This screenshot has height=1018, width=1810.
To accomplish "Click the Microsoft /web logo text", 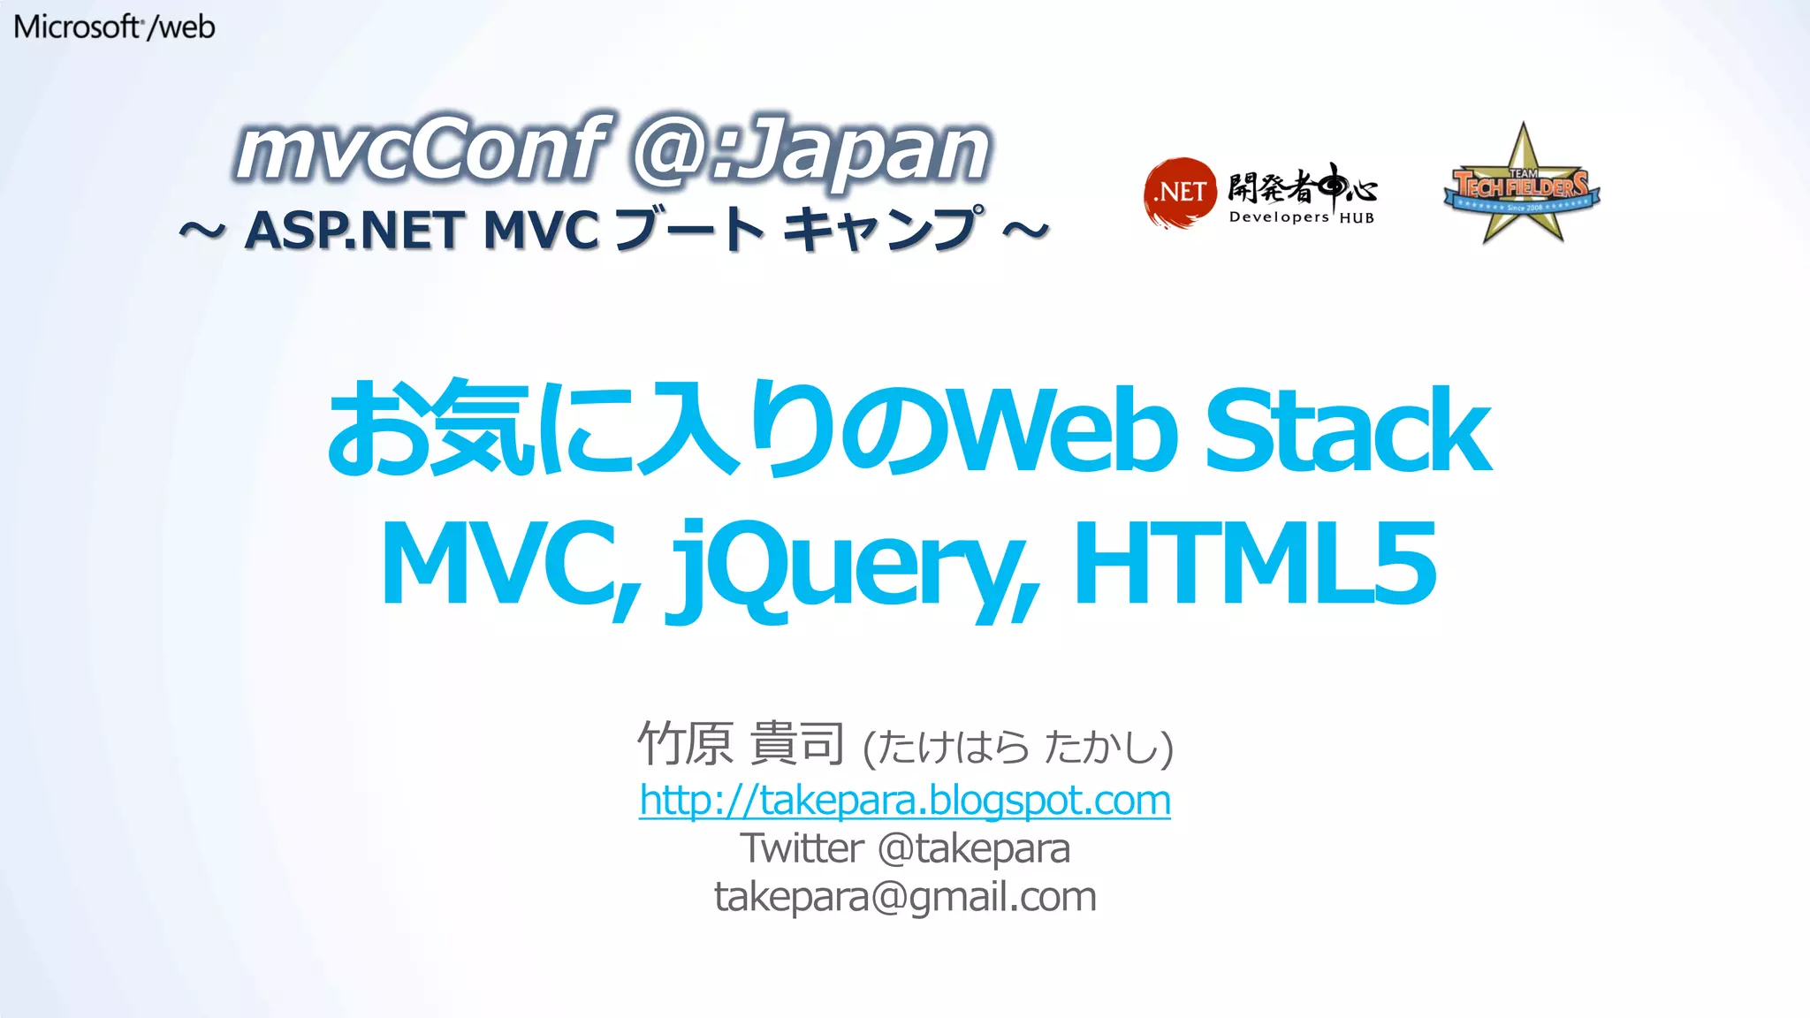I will (114, 27).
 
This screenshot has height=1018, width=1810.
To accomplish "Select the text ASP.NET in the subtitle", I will (354, 230).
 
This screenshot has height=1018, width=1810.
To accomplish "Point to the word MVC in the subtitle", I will (541, 230).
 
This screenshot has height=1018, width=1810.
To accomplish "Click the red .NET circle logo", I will (1180, 192).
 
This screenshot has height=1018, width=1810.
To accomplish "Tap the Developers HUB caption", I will (1301, 217).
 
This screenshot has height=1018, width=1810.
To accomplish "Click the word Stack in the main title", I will (1347, 431).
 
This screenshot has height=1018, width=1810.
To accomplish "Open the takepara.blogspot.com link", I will (905, 801).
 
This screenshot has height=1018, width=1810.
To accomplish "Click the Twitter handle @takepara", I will (974, 849).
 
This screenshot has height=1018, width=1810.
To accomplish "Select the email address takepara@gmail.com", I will (905, 897).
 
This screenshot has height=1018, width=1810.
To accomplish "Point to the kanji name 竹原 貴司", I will (741, 744).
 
